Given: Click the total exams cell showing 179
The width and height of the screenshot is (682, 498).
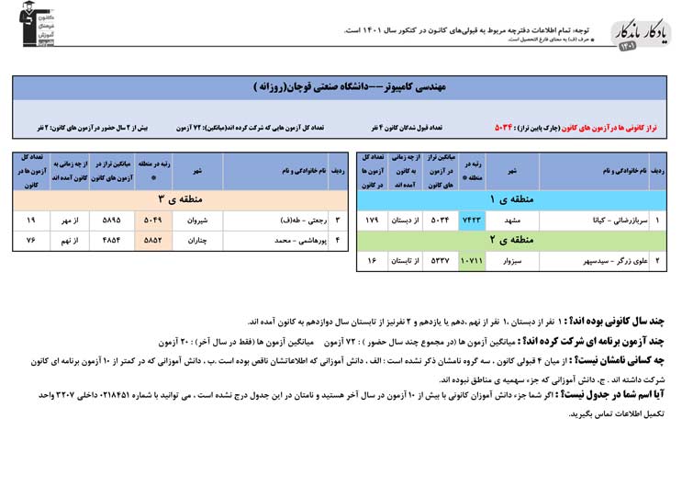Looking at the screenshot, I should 373,221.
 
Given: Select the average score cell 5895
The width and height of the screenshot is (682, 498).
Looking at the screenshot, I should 111,221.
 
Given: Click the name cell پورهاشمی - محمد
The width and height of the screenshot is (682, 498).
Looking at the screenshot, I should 275,241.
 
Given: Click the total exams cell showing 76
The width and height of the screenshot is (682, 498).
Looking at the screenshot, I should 31,241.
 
